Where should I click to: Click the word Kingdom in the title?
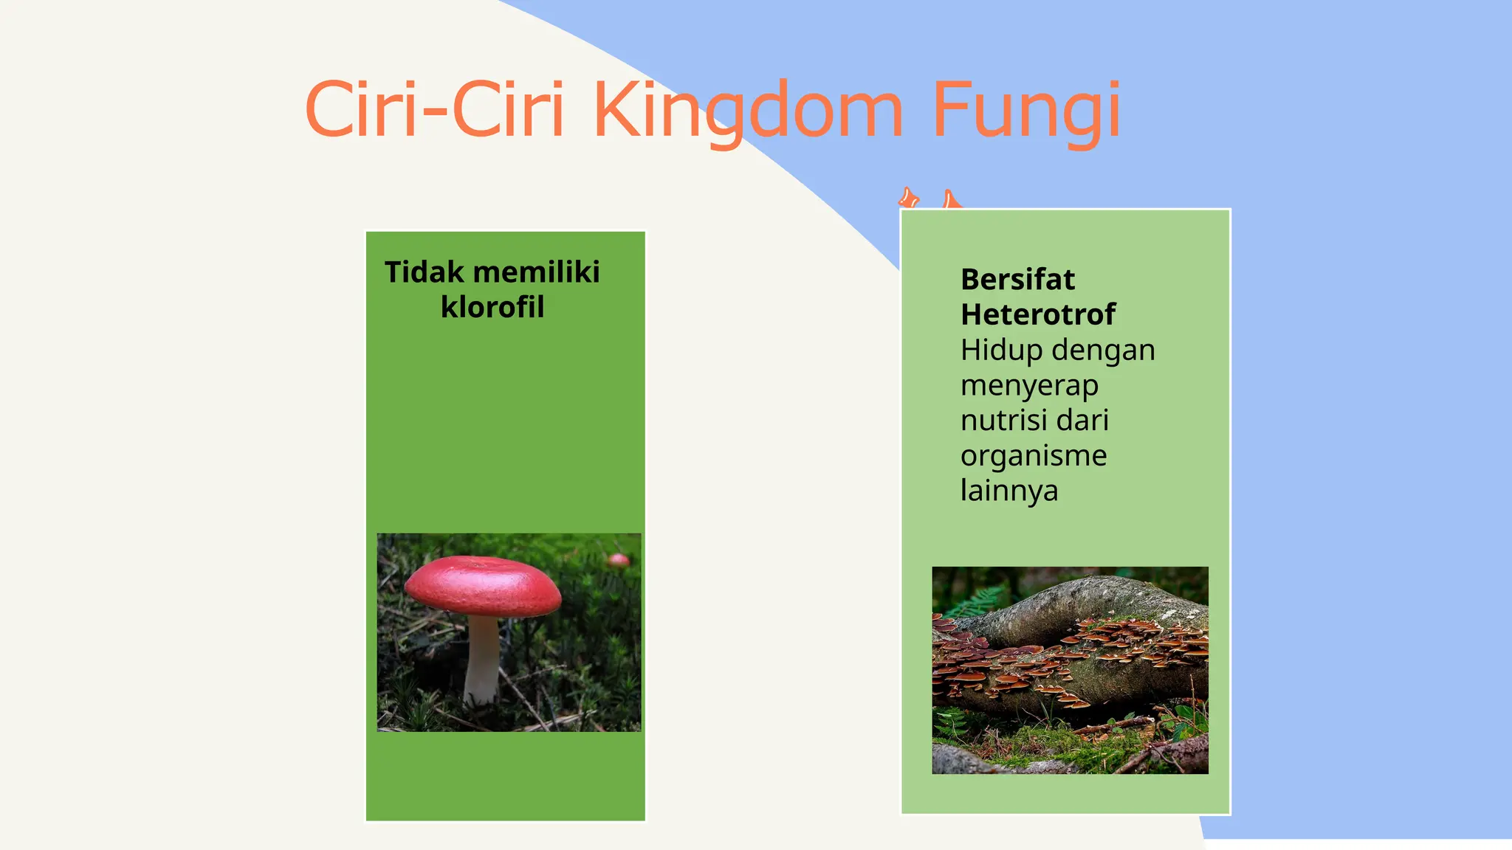pyautogui.click(x=747, y=111)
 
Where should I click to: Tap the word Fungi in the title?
pyautogui.click(x=1026, y=111)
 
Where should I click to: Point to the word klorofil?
pyautogui.click(x=492, y=307)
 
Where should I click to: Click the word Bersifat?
pyautogui.click(x=1017, y=280)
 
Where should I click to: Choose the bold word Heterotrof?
pyautogui.click(x=1038, y=314)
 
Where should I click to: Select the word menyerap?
pyautogui.click(x=1029, y=385)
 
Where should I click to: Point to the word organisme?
pyautogui.click(x=1034, y=456)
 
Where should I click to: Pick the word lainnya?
pyautogui.click(x=1009, y=491)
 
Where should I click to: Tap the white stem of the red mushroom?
pyautogui.click(x=483, y=660)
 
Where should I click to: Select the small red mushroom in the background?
pyautogui.click(x=619, y=560)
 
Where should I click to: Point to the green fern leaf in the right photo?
pyautogui.click(x=978, y=601)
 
